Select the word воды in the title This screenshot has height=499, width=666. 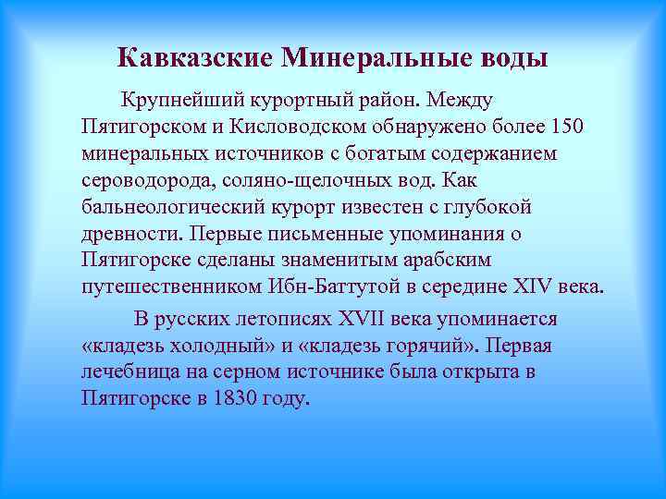point(512,58)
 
